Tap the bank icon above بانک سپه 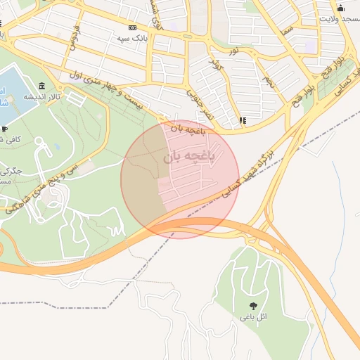(x=131, y=27)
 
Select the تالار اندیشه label (x=39, y=96)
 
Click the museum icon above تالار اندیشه (x=43, y=86)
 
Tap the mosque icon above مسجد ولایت (x=341, y=8)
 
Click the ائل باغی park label (x=252, y=316)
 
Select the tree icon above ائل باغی (x=252, y=305)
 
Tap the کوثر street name (x=216, y=64)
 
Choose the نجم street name (x=268, y=81)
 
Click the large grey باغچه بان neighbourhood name (x=186, y=157)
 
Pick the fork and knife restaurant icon (x=243, y=120)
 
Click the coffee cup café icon (x=4, y=129)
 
